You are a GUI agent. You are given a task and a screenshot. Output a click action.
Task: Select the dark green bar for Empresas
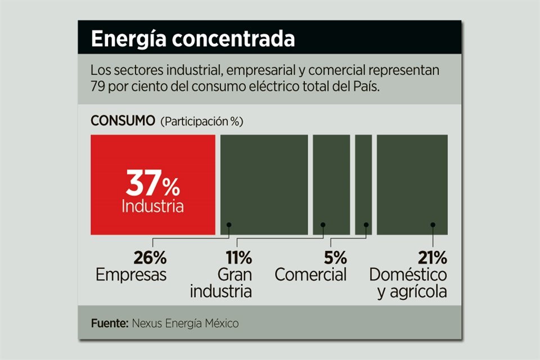click(x=264, y=184)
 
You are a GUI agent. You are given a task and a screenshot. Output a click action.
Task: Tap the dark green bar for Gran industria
click(x=331, y=184)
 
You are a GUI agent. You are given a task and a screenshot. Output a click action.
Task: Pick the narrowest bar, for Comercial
click(x=363, y=184)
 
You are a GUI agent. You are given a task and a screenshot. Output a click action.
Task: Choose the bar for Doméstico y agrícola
click(x=412, y=184)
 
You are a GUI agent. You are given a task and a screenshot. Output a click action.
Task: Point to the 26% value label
click(x=150, y=258)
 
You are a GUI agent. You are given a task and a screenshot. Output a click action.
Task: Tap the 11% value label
click(x=238, y=258)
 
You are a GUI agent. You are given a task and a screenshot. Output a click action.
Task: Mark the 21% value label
click(x=432, y=258)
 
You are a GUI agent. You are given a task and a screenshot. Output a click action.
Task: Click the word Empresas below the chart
click(x=131, y=275)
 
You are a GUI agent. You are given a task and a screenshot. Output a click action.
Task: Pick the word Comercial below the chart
click(x=310, y=275)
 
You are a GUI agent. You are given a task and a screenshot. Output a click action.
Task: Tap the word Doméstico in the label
click(x=408, y=275)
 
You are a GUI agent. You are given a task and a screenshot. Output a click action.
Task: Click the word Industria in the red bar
click(x=152, y=206)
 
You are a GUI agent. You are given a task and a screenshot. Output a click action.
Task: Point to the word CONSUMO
click(x=123, y=121)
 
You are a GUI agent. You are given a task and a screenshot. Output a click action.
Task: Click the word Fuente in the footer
click(x=109, y=323)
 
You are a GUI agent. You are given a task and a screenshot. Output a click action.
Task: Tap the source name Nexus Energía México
click(x=186, y=323)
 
